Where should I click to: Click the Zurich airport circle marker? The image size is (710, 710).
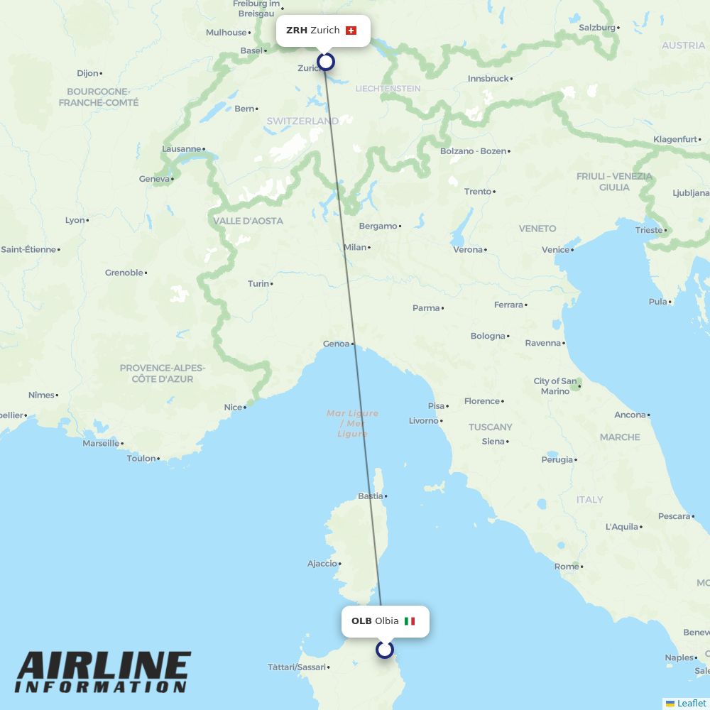pos(326,62)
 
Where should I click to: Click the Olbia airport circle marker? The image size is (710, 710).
pos(385,650)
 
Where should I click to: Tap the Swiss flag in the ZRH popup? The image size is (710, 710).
pos(351,31)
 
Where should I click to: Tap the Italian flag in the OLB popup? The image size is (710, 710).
pos(410,621)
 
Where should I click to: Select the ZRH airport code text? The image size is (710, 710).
pos(297,31)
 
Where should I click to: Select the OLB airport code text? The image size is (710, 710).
pos(361,621)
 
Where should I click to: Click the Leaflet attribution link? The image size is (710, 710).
pos(691,703)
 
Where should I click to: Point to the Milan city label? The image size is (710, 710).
pos(355,247)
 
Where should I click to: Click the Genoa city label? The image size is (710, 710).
pos(336,344)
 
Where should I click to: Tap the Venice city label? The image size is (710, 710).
pos(555,249)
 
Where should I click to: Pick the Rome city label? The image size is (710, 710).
pos(566,567)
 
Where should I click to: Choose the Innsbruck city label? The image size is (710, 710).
pos(488,79)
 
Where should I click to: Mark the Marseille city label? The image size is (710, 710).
pos(101,443)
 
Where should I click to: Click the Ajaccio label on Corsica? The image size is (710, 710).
pos(322,564)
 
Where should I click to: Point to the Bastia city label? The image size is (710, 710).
pos(370,496)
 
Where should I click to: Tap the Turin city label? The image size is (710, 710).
pos(258,283)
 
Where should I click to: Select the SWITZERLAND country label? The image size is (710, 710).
pos(302,121)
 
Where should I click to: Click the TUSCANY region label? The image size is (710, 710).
pos(490,427)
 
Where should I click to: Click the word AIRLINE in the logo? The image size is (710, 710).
pos(104,667)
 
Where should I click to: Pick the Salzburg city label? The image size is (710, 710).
pos(597,28)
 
